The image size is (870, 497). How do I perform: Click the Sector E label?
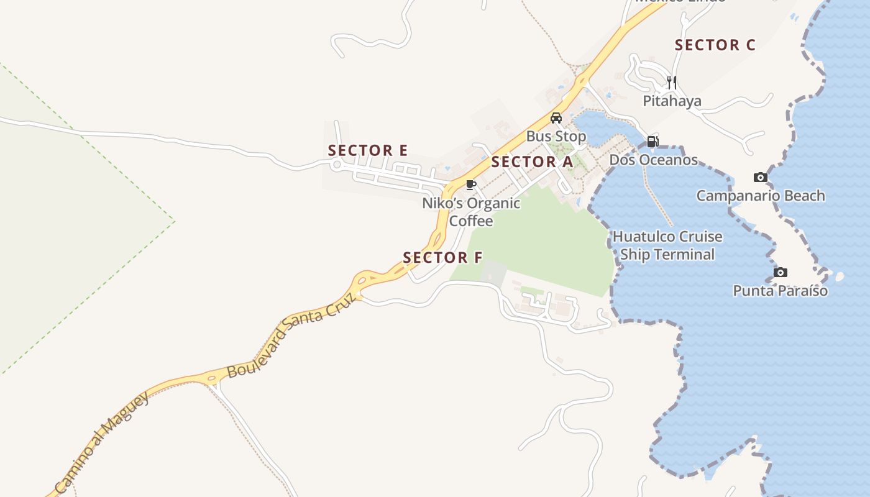[368, 150]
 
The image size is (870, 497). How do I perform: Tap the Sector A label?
[532, 162]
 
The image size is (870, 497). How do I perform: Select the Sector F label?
[442, 257]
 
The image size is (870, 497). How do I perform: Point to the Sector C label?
[715, 45]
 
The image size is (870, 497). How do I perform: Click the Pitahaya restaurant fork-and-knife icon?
[671, 82]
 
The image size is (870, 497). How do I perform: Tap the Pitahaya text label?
[672, 101]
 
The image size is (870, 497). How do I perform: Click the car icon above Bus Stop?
[556, 118]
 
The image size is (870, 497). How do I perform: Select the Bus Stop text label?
[556, 136]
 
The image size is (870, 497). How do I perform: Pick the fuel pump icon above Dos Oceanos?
[652, 142]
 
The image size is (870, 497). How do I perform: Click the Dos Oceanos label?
[654, 160]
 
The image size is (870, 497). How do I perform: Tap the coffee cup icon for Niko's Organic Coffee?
[471, 185]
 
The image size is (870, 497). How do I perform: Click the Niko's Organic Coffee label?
[471, 212]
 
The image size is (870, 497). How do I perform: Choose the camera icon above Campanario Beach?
[760, 178]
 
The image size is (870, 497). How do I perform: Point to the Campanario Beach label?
[761, 196]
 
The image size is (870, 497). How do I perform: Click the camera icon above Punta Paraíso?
[781, 273]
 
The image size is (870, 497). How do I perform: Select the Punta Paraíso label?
[781, 291]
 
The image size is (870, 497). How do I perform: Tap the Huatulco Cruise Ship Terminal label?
[667, 245]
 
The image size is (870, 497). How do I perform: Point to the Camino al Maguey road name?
[103, 442]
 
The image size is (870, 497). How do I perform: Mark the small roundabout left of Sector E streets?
[337, 165]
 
